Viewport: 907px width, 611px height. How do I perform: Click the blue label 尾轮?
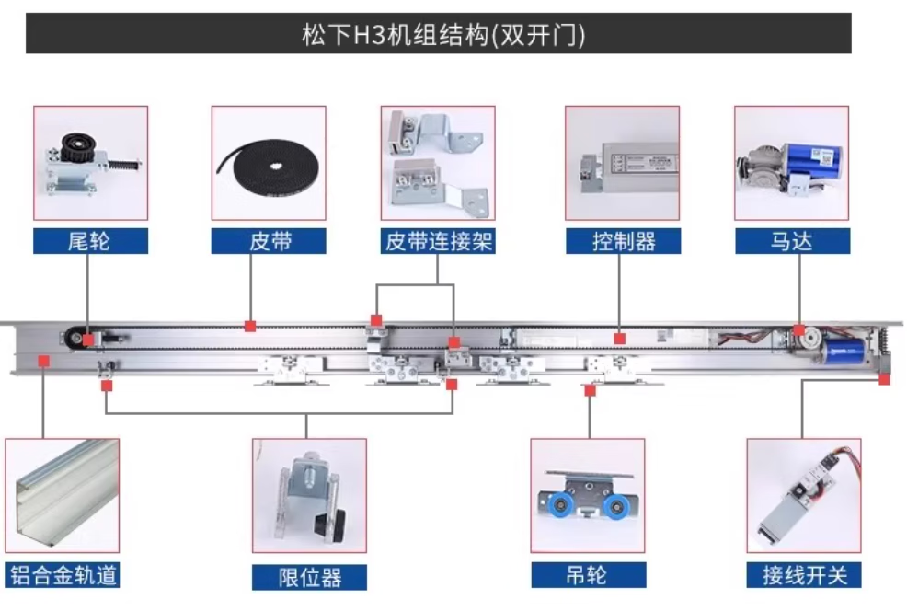[x=90, y=241]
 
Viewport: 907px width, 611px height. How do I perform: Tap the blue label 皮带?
[x=269, y=241]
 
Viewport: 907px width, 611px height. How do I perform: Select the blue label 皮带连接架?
[x=438, y=241]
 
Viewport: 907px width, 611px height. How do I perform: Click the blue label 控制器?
[x=623, y=241]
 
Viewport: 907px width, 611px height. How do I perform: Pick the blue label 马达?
[x=791, y=241]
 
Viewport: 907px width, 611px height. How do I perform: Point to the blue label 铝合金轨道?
[x=63, y=576]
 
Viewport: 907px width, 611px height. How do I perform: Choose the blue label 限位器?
[x=309, y=577]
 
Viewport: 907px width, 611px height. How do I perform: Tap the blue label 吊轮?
[x=587, y=576]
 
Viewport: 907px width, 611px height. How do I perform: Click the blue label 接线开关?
[x=803, y=576]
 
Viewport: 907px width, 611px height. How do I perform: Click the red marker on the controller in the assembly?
[x=620, y=339]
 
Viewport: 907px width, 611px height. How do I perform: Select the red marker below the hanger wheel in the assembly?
[x=590, y=390]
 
